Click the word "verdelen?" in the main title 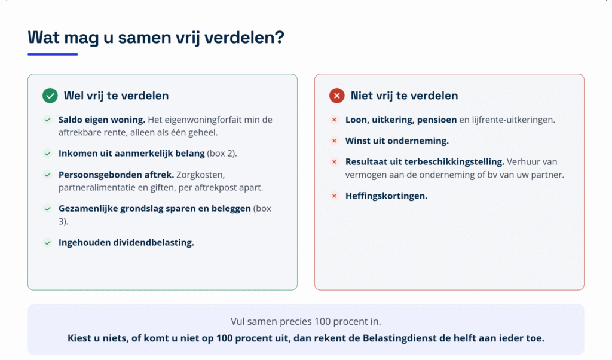coord(244,38)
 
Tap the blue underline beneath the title coord(53,54)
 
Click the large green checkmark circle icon coord(50,96)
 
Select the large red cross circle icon coord(337,96)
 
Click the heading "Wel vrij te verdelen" coord(117,96)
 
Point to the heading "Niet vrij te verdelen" coord(405,96)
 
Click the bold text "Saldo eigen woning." coord(102,120)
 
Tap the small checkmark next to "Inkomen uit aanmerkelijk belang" coord(48,154)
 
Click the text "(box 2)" coord(222,154)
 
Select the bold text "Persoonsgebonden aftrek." coord(117,175)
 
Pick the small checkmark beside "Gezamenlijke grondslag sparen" coord(48,209)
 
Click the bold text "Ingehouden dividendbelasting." coord(126,242)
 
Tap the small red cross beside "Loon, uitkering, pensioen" coord(334,120)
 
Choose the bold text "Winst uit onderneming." coord(397,141)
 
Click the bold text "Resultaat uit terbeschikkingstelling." coord(425,161)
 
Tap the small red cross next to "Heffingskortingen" coord(334,196)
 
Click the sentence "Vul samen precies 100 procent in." coord(305,321)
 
